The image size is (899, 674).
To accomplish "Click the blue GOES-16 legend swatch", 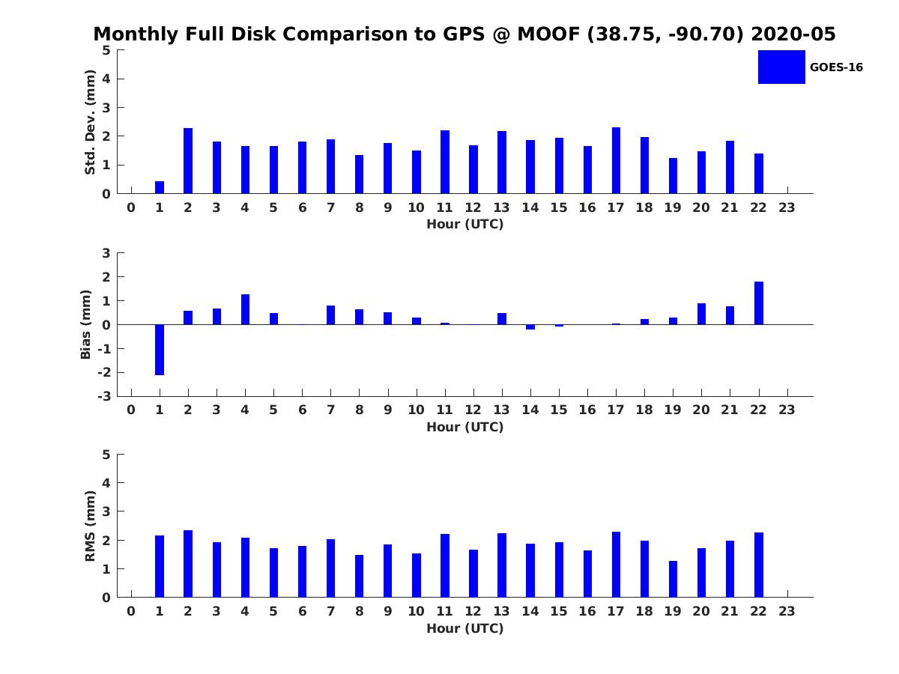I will [781, 67].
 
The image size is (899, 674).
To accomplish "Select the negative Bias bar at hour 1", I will [160, 350].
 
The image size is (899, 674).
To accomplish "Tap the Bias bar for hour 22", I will [759, 303].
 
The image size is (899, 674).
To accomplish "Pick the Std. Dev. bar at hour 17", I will [616, 160].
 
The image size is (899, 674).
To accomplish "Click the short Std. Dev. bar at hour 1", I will [160, 187].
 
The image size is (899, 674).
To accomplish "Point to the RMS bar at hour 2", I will [188, 564].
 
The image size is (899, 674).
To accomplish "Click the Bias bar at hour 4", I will [245, 309].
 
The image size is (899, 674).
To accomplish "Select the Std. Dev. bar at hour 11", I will [445, 162].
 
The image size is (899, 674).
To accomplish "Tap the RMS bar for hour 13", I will [502, 565].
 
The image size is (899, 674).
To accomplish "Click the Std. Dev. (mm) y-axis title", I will [91, 122].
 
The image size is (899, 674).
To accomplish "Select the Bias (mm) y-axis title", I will [87, 324].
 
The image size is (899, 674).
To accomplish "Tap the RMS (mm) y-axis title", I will [91, 526].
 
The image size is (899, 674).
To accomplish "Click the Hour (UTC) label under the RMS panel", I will [464, 628].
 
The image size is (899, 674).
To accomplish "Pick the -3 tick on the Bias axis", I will [106, 396].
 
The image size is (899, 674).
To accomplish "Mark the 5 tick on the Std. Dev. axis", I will [106, 50].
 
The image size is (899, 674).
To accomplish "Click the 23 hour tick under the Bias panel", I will [787, 409].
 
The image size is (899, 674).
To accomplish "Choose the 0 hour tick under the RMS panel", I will [131, 611].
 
